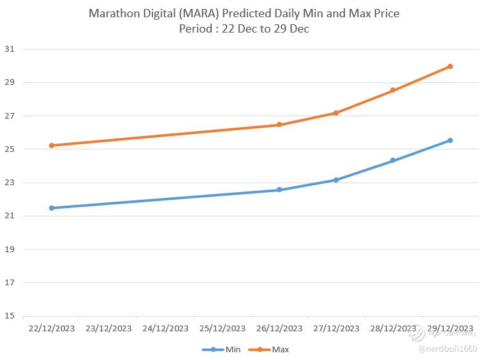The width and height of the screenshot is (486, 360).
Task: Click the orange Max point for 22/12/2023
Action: (52, 146)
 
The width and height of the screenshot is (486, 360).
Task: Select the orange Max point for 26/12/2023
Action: (279, 125)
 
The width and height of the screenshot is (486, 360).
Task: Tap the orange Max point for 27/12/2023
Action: (336, 113)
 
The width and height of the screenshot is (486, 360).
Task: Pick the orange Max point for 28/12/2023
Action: (393, 91)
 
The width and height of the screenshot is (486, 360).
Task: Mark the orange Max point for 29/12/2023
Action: (450, 66)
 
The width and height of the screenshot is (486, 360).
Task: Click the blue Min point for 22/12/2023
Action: (52, 208)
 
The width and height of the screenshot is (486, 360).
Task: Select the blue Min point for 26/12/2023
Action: (279, 190)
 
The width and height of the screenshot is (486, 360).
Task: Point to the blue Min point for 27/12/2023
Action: (336, 180)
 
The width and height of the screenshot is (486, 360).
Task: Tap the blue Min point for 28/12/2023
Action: (393, 161)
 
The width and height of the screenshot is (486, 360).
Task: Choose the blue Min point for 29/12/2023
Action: (450, 140)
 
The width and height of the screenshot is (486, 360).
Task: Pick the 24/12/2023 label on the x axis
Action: (165, 329)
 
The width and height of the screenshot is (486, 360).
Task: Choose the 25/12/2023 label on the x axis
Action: (223, 329)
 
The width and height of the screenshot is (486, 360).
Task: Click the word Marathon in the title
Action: (114, 13)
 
